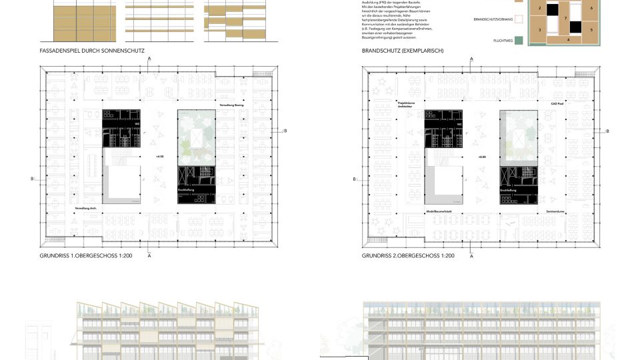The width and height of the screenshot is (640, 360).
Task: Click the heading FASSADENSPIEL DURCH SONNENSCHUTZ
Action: pyautogui.click(x=92, y=51)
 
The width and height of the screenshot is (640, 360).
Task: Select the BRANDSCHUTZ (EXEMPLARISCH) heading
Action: pyautogui.click(x=403, y=51)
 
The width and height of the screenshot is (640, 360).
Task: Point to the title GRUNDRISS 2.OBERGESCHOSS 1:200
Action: pyautogui.click(x=408, y=256)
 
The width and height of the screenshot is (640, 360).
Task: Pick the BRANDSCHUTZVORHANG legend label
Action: pyautogui.click(x=493, y=20)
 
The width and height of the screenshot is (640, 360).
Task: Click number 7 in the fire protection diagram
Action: pyautogui.click(x=565, y=18)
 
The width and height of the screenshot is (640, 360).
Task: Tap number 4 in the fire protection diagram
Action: pyautogui.click(x=568, y=40)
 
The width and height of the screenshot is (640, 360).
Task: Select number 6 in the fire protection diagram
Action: pyautogui.click(x=591, y=7)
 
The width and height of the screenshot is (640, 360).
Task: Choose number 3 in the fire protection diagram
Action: pyautogui.click(x=539, y=30)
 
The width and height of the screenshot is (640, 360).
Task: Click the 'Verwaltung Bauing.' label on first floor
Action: pyautogui.click(x=232, y=106)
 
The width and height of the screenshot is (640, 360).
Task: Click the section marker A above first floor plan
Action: pyautogui.click(x=149, y=59)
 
